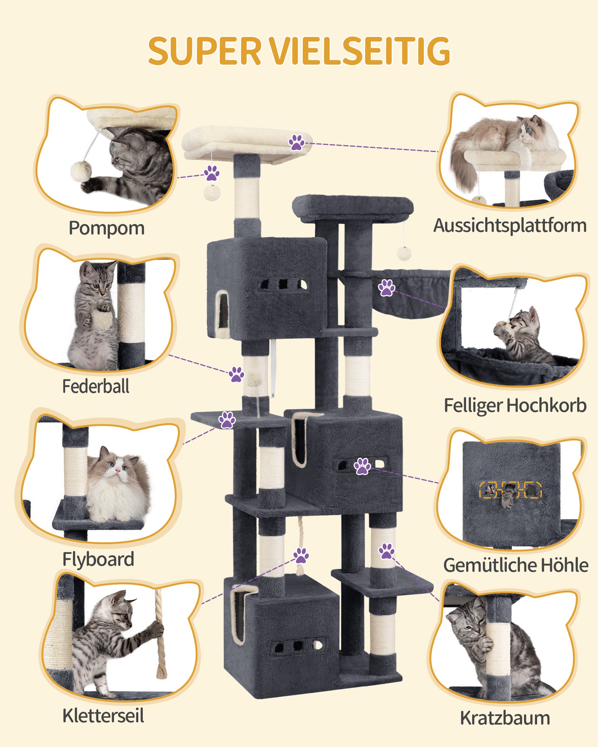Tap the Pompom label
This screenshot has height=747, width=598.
pos(107,227)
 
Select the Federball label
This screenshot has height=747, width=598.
pos(96,386)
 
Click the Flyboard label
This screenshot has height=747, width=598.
pos(98,559)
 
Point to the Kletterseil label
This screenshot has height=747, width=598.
pos(103,716)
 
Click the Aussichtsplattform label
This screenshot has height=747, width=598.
pos(510,226)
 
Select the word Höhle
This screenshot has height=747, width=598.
pos(564,565)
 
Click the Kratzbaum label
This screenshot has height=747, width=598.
pos(505,718)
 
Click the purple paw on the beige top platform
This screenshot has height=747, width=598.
pos(296,143)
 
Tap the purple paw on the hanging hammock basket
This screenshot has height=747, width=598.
pos(386,288)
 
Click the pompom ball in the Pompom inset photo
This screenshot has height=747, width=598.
pos(81,170)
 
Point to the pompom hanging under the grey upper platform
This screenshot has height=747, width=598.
pos(404,253)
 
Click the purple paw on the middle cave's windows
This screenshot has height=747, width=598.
pos(362,466)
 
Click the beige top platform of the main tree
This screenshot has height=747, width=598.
pos(247,144)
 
